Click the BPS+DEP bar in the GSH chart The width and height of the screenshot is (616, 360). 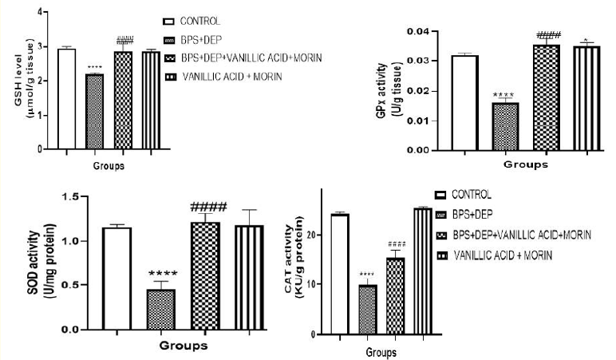[x=95, y=111]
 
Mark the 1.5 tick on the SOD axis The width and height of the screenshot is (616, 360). [x=73, y=196]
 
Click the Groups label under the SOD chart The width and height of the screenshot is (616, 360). [x=184, y=346]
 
